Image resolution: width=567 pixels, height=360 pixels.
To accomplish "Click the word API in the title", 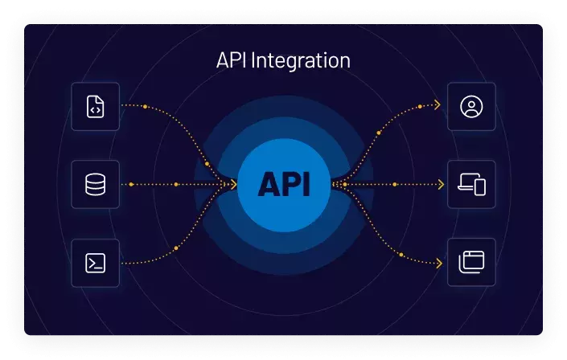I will pos(232,61).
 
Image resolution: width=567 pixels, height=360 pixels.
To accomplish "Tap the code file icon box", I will pos(95,106).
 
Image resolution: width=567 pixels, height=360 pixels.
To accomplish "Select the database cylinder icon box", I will pos(95,185).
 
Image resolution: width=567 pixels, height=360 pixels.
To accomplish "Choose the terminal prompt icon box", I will pos(95,263).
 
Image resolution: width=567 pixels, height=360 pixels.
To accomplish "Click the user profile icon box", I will pos(471,106).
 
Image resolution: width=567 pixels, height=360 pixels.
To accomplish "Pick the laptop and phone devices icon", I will pos(471,185).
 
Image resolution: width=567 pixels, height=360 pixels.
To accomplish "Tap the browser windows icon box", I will pos(471,263).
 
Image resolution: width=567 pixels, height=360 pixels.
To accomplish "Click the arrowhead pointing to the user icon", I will pos(438,105).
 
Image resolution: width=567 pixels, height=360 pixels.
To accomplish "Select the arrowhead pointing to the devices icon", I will pos(440,185).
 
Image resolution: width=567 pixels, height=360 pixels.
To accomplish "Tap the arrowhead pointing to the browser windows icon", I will pos(438,263).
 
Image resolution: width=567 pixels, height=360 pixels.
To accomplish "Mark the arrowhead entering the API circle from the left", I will pos(233,185).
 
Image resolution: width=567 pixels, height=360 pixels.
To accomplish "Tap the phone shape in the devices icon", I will pos(480,188).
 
